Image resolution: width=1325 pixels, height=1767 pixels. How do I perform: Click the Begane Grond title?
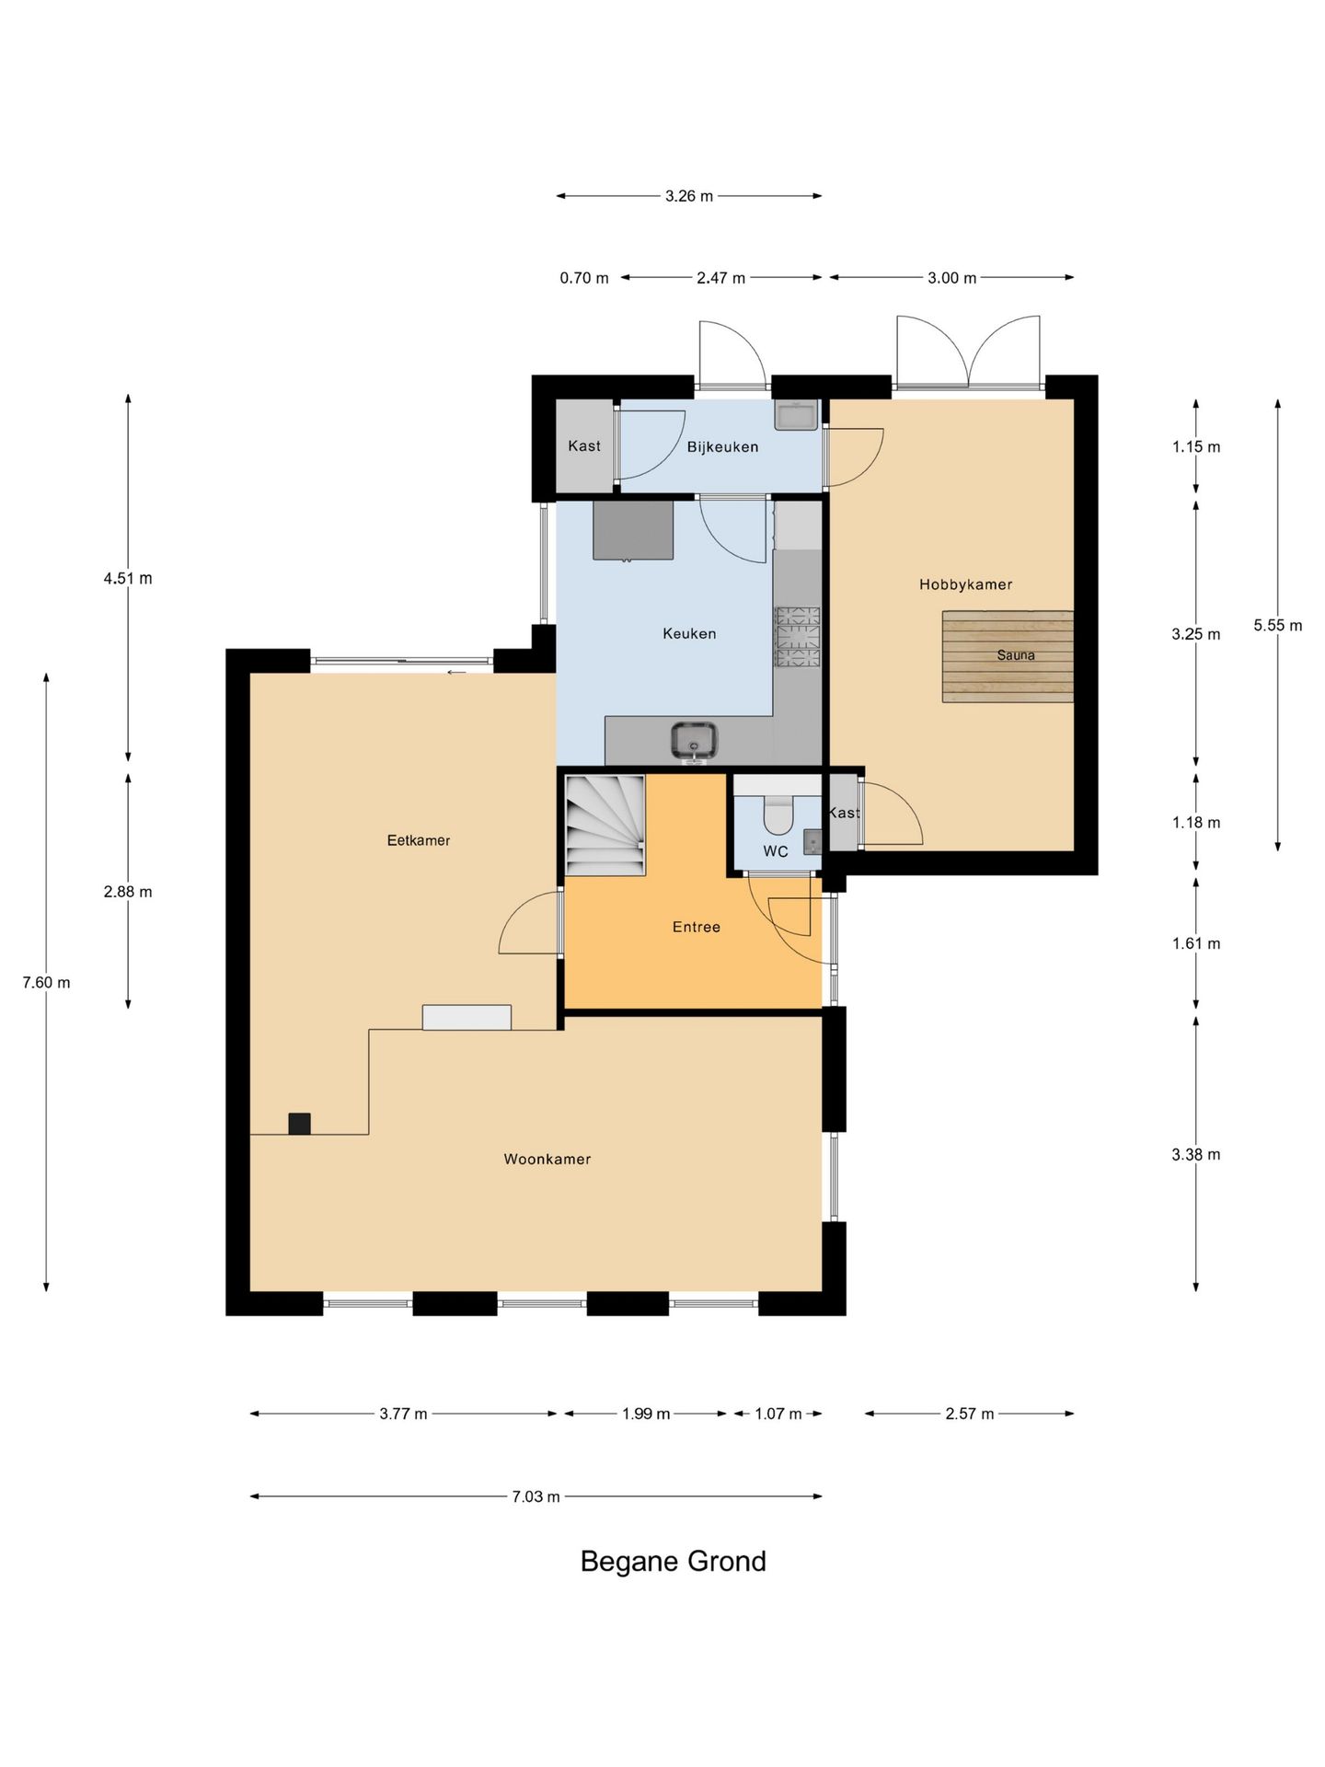coord(673,1562)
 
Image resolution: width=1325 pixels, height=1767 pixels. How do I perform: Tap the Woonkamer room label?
coord(547,1160)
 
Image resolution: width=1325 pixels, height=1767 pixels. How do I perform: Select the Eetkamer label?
coord(419,840)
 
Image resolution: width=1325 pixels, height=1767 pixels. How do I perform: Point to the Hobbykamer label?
coord(965,584)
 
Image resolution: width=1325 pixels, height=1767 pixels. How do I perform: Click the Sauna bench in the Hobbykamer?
coord(1008,656)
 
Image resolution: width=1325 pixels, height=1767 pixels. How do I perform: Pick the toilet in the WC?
coord(778,814)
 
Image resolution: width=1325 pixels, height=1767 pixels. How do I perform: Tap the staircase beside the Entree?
coord(605,826)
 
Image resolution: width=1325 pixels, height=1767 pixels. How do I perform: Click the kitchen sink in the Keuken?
coord(694,740)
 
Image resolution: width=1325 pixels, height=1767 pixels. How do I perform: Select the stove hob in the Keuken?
coord(797,636)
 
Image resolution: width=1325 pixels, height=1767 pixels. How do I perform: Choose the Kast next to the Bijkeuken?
coord(584,446)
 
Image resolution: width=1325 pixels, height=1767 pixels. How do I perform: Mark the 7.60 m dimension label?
coord(47,983)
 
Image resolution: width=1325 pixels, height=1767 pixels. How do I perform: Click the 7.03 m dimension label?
coord(536,1497)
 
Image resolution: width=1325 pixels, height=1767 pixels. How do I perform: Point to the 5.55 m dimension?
coord(1278,626)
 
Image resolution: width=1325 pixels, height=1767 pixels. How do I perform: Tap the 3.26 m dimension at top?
coord(689,196)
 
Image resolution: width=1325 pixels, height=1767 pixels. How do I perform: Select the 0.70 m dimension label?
coord(584,278)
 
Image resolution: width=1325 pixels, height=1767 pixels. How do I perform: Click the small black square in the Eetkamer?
coord(299,1124)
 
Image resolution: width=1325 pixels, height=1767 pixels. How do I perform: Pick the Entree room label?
coord(697,928)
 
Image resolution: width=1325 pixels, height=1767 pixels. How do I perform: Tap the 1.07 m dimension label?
coord(778,1415)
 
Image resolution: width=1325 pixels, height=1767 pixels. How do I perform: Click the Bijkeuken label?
coord(723,447)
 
